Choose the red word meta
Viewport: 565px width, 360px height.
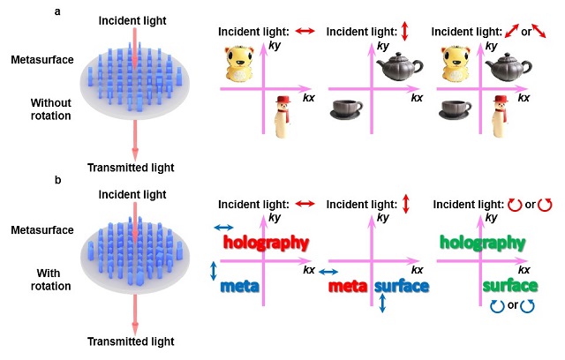(347, 287)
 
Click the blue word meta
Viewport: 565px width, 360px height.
(239, 287)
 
